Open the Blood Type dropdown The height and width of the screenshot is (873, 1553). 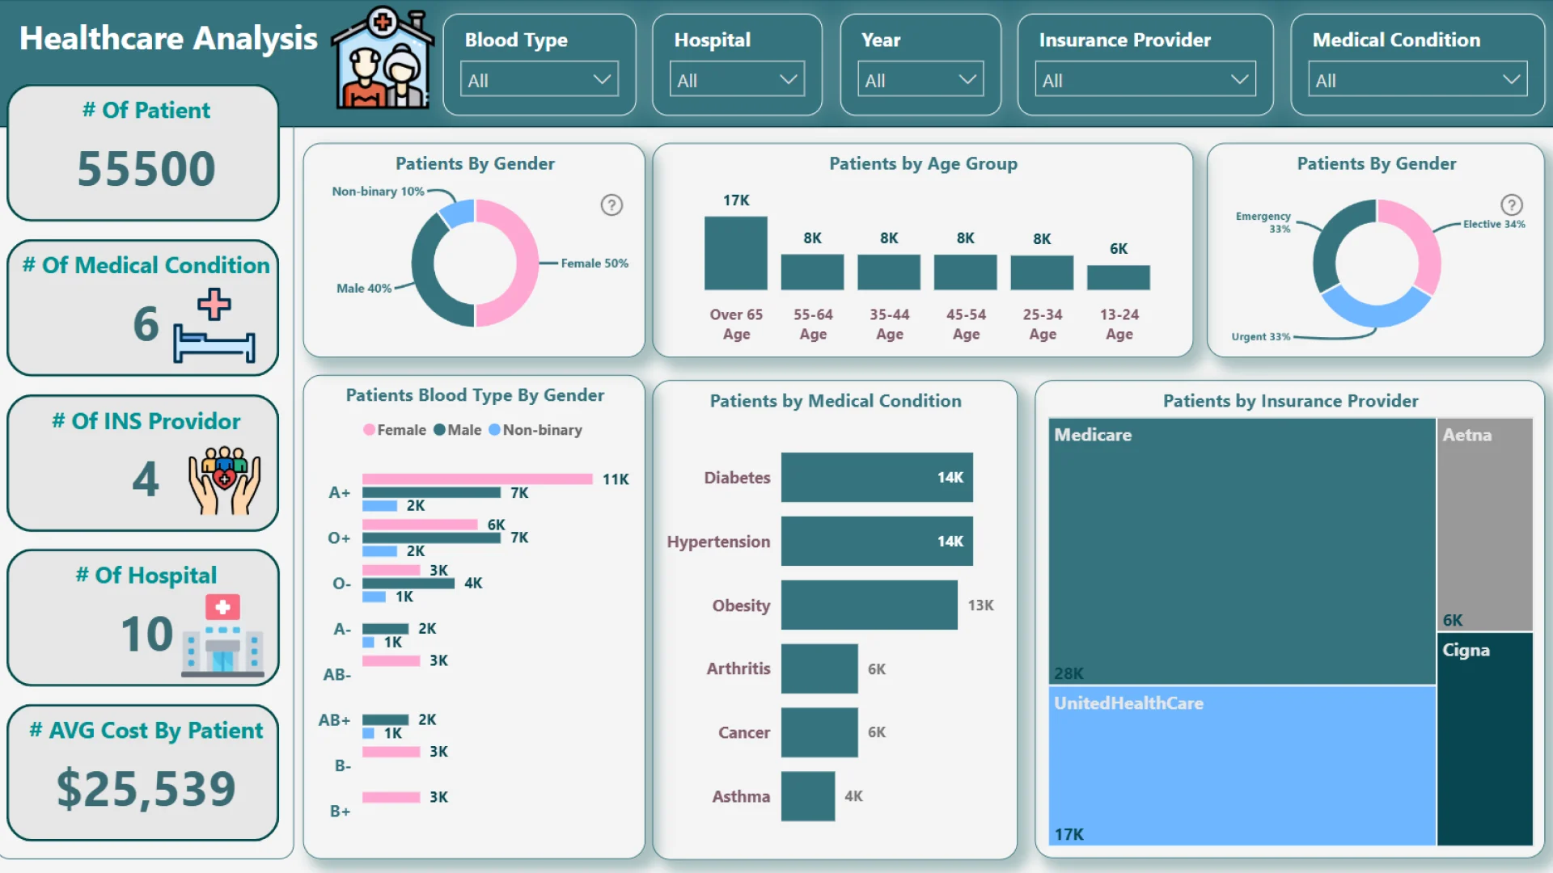click(539, 80)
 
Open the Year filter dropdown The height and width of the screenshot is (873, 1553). click(920, 80)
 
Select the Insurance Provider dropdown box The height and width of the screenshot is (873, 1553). click(1145, 80)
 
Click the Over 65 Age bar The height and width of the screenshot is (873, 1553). click(735, 253)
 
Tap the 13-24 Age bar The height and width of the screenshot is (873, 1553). click(1118, 277)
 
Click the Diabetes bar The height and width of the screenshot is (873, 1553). click(876, 477)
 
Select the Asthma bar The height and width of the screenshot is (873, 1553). click(807, 796)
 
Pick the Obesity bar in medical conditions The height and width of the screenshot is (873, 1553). click(869, 605)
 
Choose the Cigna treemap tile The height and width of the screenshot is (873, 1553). click(1484, 740)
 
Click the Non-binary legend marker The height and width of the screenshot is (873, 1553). click(494, 430)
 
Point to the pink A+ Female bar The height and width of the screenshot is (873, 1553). click(477, 479)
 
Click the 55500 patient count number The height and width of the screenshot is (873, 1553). click(146, 169)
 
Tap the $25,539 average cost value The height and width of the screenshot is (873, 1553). click(146, 789)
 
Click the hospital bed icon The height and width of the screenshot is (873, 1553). click(214, 327)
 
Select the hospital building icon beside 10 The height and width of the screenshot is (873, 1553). click(222, 636)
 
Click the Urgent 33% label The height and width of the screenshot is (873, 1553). click(1260, 337)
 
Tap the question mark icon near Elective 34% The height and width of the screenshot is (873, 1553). click(1511, 205)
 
